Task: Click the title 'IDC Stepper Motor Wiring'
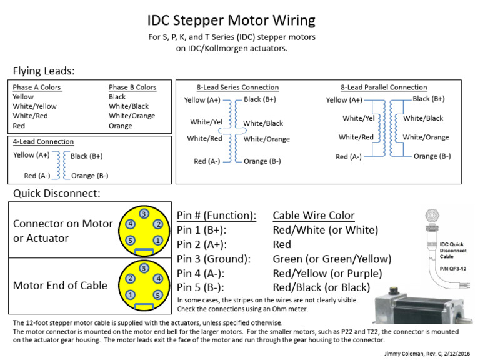click(x=231, y=21)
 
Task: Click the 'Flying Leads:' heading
click(x=43, y=71)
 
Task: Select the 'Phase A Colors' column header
click(x=37, y=87)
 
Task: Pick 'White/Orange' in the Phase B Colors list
click(x=132, y=116)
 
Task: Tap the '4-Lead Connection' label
click(x=43, y=142)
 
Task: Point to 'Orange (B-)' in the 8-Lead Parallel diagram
click(x=432, y=156)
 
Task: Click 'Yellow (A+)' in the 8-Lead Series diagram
click(x=202, y=100)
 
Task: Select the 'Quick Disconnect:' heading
click(x=56, y=193)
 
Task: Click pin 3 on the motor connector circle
click(x=143, y=214)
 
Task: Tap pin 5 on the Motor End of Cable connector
click(x=157, y=294)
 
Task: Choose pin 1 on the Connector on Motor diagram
click(x=157, y=240)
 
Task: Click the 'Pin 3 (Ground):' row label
click(x=214, y=259)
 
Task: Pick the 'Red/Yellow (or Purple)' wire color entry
click(x=327, y=273)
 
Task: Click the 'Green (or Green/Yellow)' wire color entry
click(x=332, y=259)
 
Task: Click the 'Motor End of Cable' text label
click(x=60, y=286)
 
